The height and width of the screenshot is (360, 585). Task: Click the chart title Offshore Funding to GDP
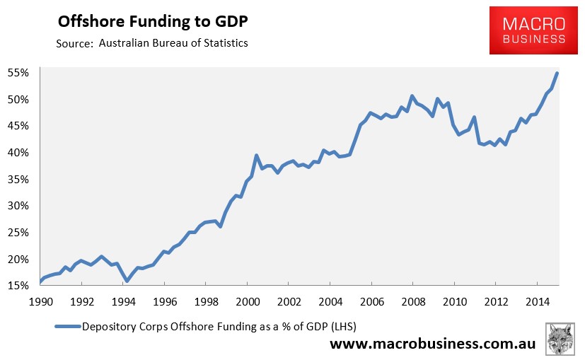point(152,21)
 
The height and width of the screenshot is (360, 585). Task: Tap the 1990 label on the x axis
point(41,300)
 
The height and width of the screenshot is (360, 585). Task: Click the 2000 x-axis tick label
point(247,300)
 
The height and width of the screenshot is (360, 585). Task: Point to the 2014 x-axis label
point(535,300)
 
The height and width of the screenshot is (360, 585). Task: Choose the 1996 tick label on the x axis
point(164,300)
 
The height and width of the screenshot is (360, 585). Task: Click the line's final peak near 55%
point(557,73)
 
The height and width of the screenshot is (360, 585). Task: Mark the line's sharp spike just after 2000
point(256,155)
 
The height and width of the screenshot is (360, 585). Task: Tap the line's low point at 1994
point(127,281)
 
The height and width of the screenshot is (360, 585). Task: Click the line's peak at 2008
point(412,95)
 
